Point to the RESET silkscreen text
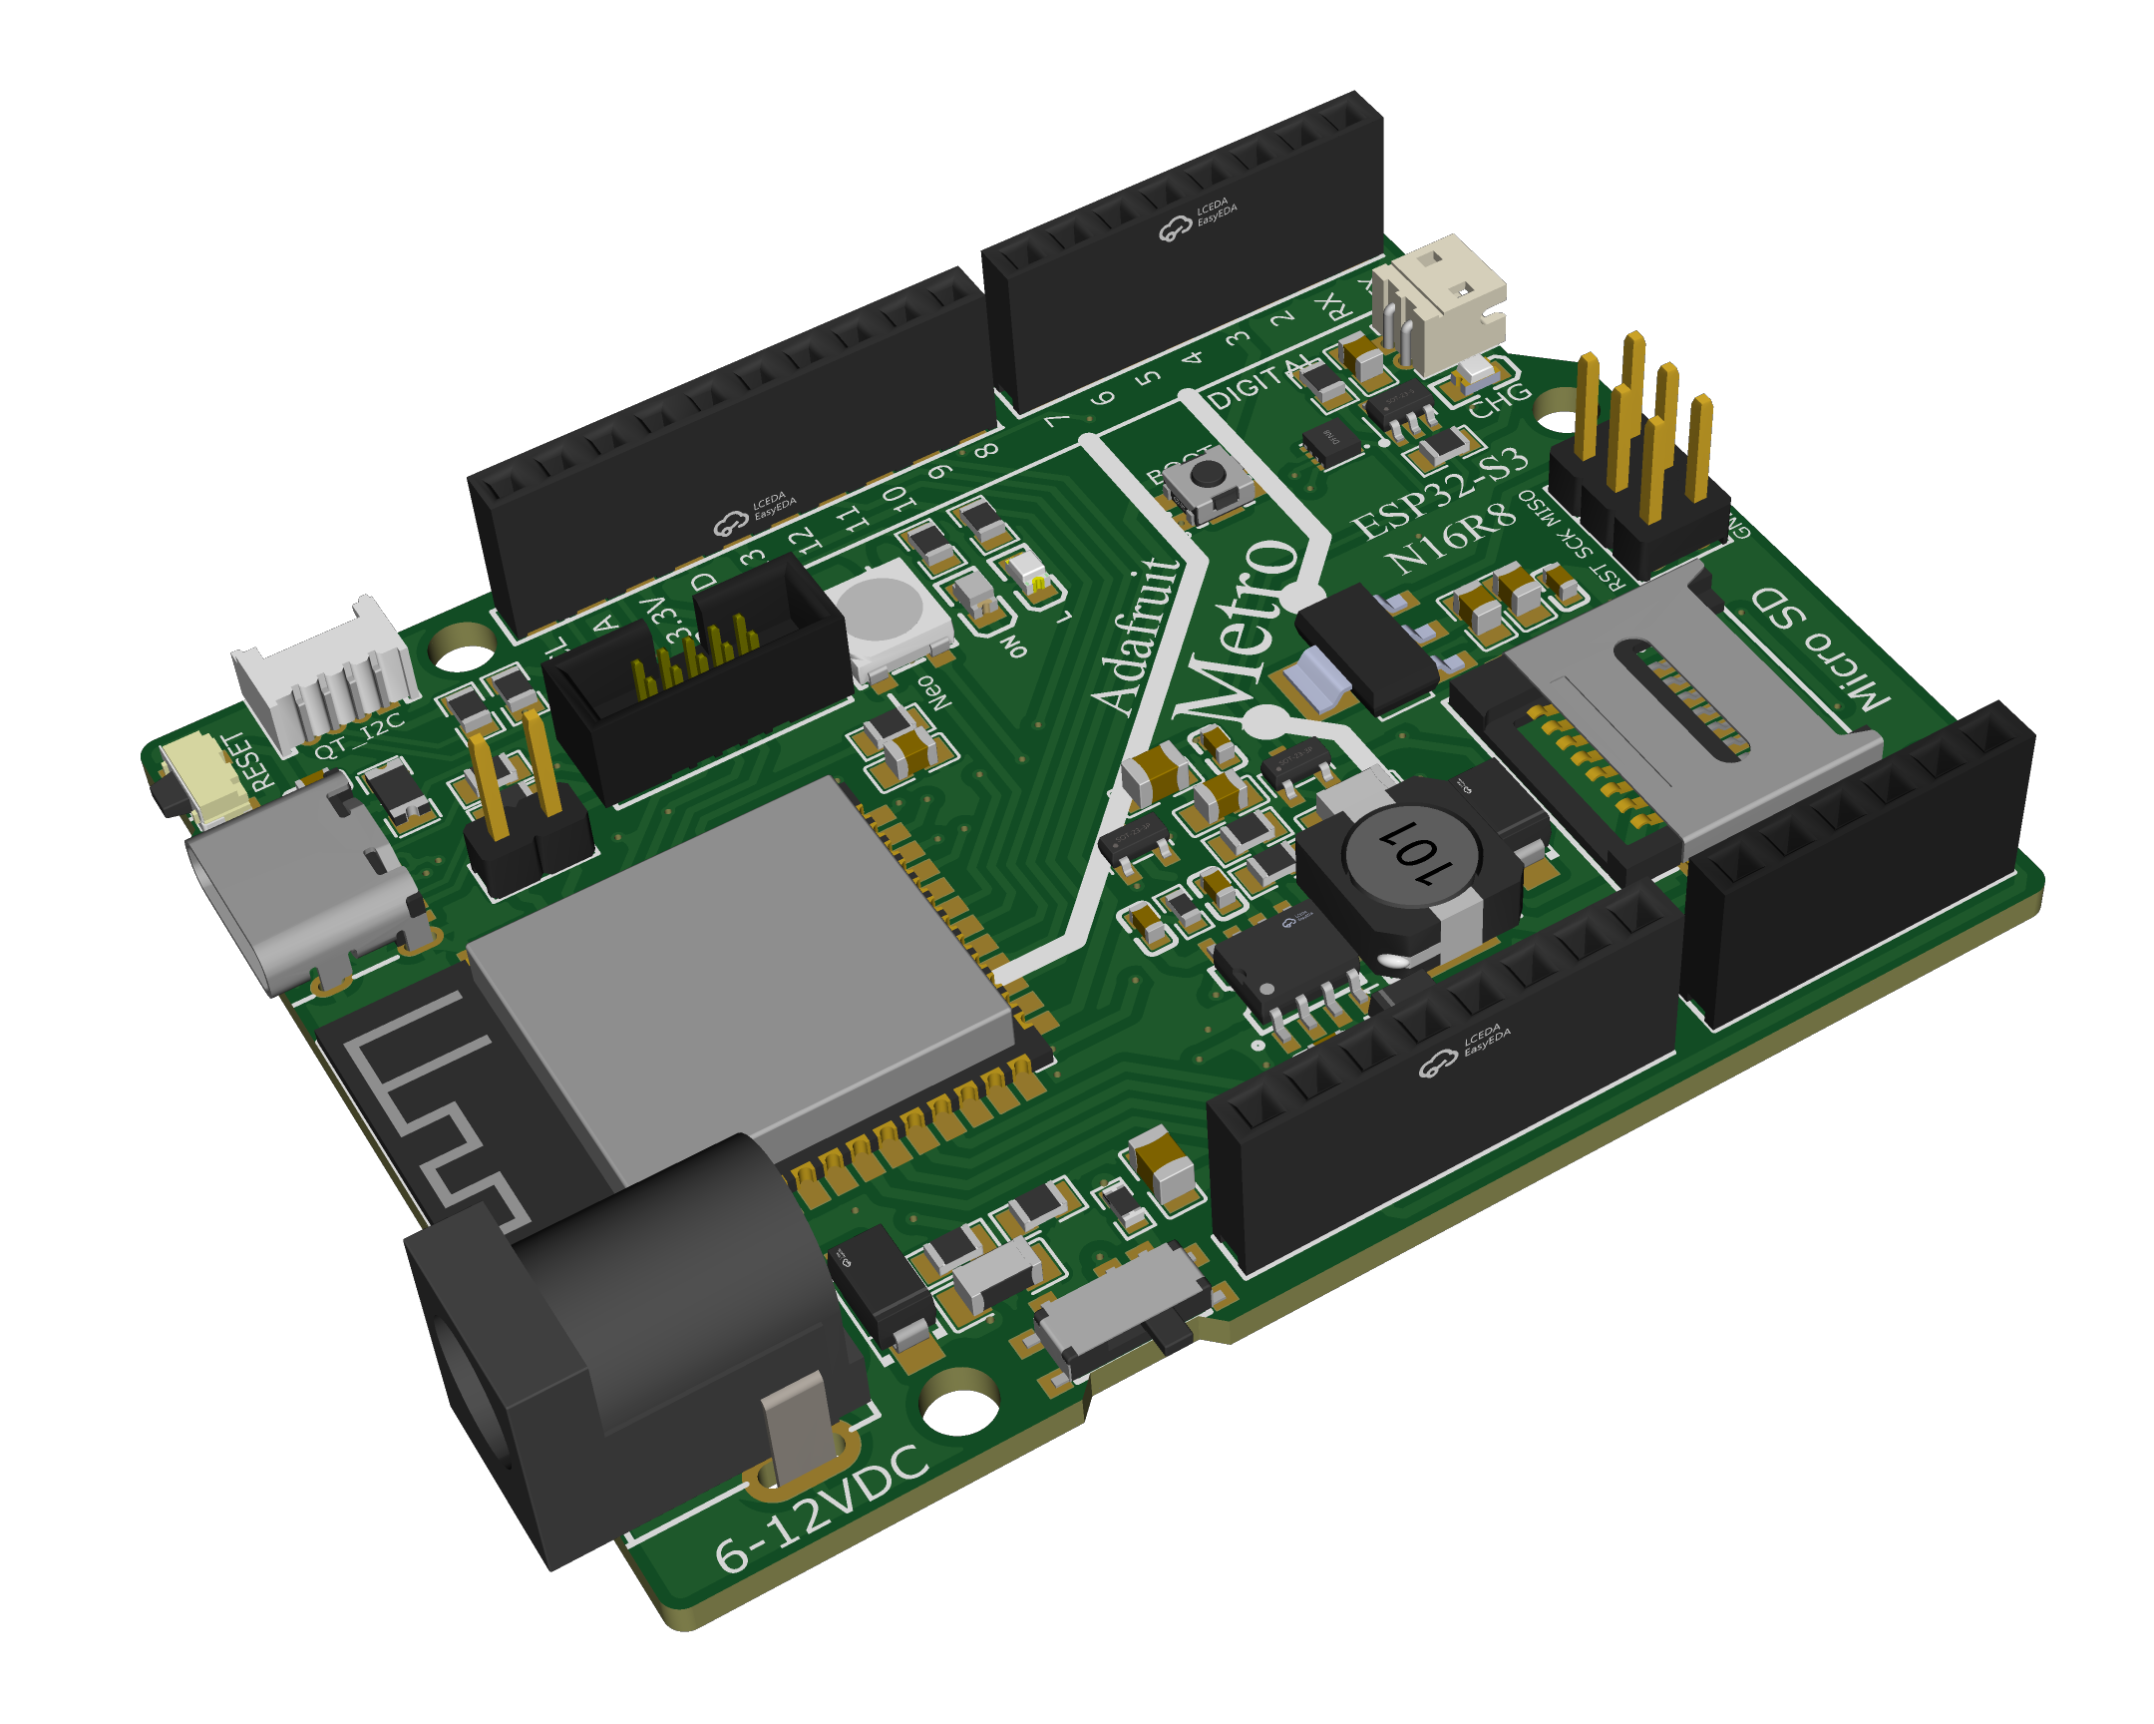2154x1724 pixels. pos(250,761)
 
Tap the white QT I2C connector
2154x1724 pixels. pos(325,674)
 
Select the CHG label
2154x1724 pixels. pos(1499,400)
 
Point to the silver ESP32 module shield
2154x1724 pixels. pos(739,960)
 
